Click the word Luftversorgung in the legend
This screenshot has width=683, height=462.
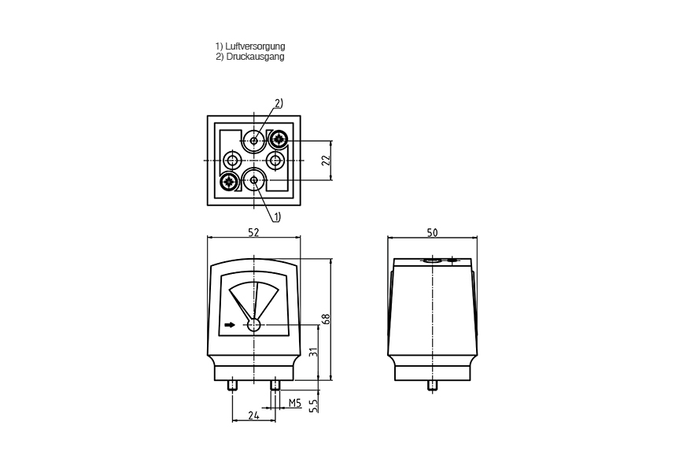(255, 46)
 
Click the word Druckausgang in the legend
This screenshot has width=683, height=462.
(255, 57)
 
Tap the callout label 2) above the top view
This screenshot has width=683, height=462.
(279, 103)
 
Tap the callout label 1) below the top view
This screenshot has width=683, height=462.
(277, 216)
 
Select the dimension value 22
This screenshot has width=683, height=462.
(326, 160)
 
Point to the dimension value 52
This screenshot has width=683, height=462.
(253, 232)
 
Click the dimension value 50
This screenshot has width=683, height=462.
(432, 233)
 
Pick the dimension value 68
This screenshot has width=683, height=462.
(326, 319)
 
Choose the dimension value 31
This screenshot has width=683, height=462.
(313, 351)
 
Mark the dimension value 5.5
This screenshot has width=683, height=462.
(313, 405)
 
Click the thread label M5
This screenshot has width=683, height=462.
(295, 403)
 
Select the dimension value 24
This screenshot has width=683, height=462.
(253, 416)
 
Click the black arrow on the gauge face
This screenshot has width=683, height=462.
(230, 325)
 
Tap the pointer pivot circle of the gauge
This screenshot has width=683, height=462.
(254, 325)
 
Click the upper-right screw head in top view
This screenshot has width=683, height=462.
(278, 139)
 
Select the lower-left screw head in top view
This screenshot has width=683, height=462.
(228, 181)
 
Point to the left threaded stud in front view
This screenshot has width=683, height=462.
(232, 386)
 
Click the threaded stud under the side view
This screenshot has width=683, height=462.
(433, 386)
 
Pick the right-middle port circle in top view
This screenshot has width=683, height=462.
(275, 161)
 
